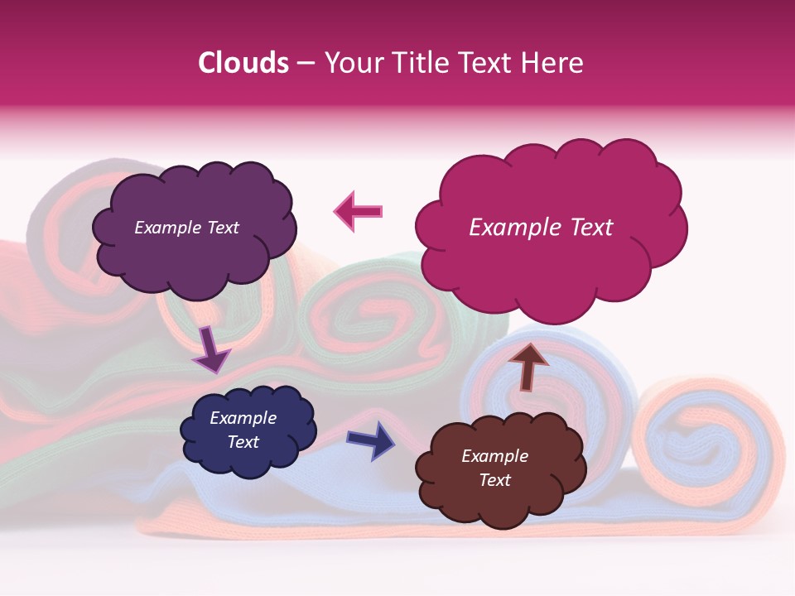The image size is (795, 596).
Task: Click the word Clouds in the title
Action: coord(243,63)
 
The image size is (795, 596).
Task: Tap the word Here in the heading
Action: coord(553,63)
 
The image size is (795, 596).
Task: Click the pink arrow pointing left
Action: coord(359,212)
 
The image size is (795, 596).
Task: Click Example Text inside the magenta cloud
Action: coord(541,228)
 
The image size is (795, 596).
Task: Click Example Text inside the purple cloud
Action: coord(186,228)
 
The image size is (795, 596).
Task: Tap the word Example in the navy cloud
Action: coord(243,418)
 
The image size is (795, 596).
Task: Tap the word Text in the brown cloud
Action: coord(494,480)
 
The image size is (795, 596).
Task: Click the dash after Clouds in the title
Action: coord(305,64)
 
